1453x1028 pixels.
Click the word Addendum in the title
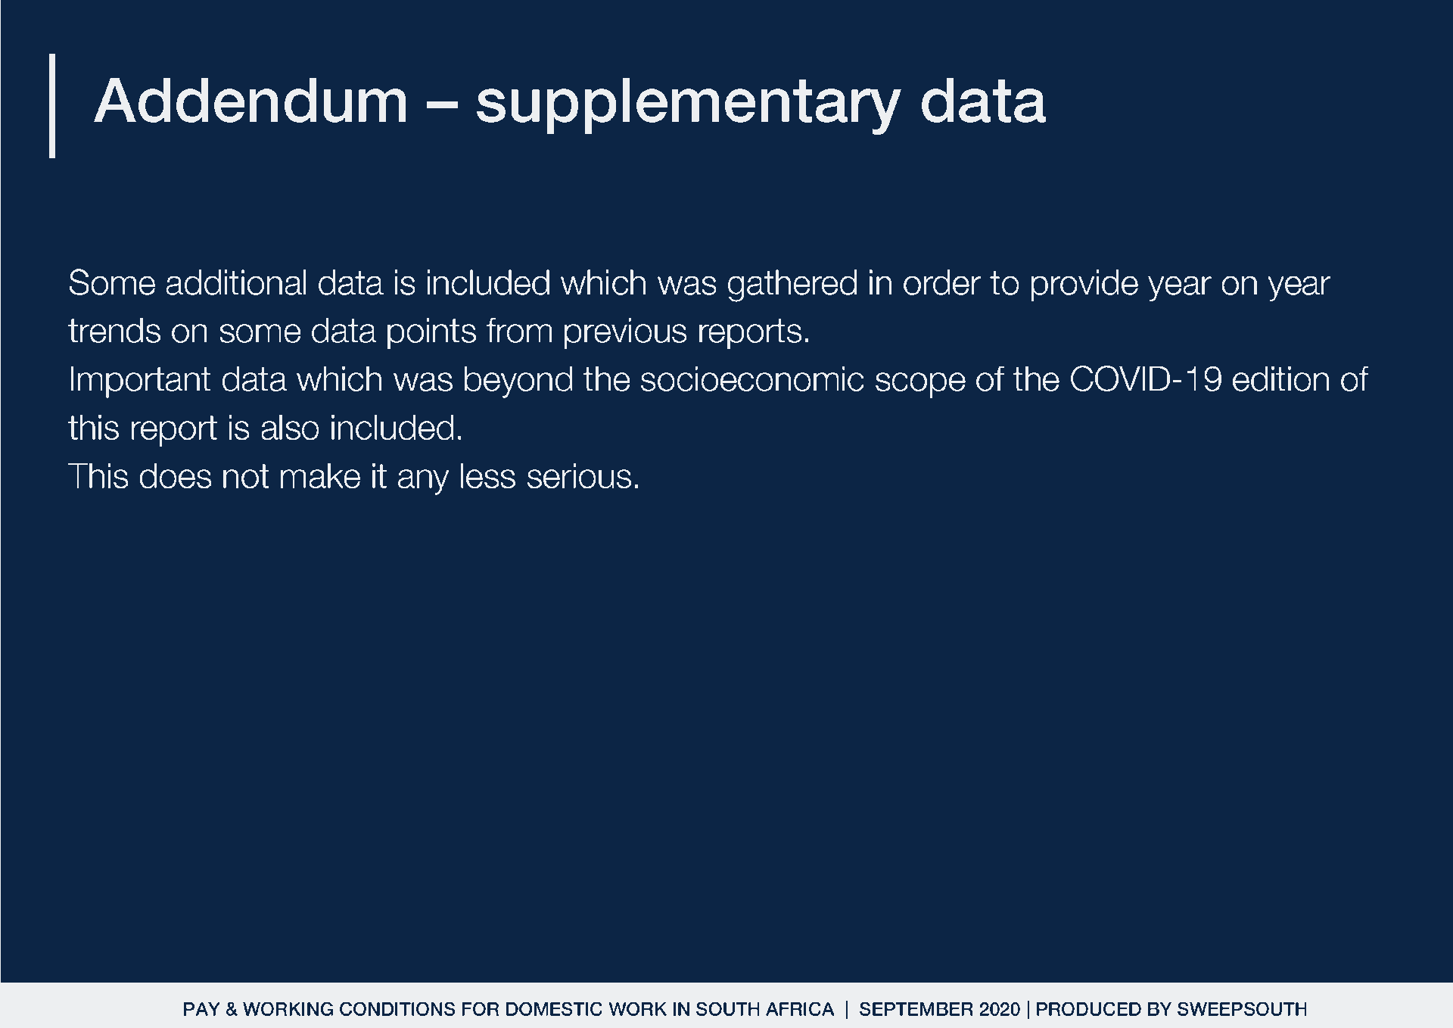pyautogui.click(x=250, y=101)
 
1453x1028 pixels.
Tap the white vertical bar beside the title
pyautogui.click(x=52, y=105)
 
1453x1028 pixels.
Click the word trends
pyautogui.click(x=114, y=332)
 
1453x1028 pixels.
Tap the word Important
pyautogui.click(x=139, y=381)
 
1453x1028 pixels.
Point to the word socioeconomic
pyautogui.click(x=752, y=380)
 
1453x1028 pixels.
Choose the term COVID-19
pyautogui.click(x=1146, y=380)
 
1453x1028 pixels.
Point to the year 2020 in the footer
pyautogui.click(x=999, y=1009)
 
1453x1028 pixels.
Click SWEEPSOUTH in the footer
pyautogui.click(x=1242, y=1009)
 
